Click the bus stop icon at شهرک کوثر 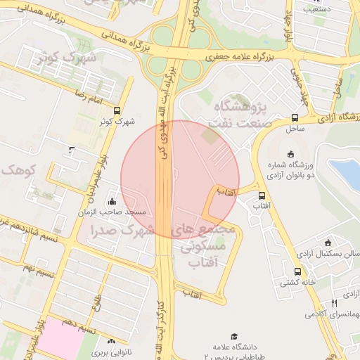pos(117,110)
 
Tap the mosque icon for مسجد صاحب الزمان pos(112,202)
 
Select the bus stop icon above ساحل pos(294,118)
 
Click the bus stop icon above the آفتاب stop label pos(262,196)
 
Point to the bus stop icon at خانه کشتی pos(297,271)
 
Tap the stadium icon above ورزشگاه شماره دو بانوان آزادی pos(291,155)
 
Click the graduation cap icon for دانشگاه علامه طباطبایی pos(233,336)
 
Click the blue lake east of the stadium pos(346,174)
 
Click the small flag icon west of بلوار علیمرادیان pos(72,150)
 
